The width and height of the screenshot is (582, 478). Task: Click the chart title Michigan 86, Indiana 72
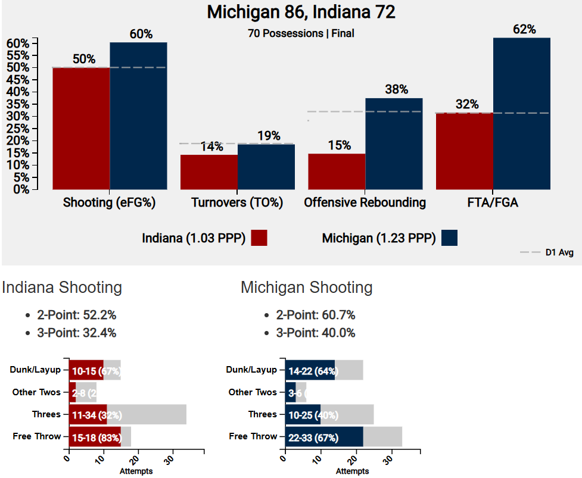tap(301, 13)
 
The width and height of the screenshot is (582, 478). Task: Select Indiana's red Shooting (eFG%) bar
tap(81, 129)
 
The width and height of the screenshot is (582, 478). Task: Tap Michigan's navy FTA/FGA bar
tap(521, 114)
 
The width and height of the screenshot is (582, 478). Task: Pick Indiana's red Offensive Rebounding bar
tap(336, 171)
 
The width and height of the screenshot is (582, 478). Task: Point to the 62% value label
tap(524, 29)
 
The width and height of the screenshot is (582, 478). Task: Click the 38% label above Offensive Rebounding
tap(396, 90)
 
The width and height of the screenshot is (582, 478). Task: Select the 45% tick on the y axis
tap(17, 80)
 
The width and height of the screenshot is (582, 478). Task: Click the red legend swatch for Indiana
tap(259, 238)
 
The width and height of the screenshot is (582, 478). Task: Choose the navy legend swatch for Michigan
tap(450, 238)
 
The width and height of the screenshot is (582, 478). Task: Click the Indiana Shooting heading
tap(62, 288)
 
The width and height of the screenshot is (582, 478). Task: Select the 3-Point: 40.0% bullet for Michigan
tap(315, 333)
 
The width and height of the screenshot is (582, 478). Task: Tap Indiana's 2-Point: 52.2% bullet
tap(76, 315)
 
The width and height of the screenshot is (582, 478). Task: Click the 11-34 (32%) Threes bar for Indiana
tap(88, 414)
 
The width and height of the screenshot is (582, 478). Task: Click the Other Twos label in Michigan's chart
tap(253, 392)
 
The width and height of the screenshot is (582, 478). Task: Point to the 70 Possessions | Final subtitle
tap(301, 34)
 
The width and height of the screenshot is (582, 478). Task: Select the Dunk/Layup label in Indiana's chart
tap(35, 370)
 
